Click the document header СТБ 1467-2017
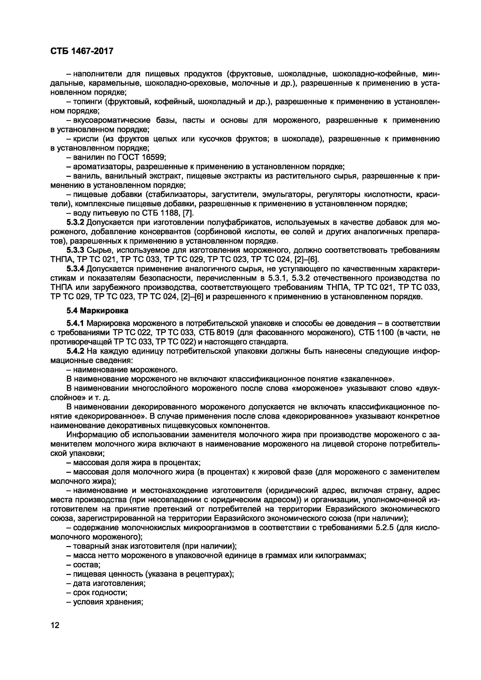[82, 51]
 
